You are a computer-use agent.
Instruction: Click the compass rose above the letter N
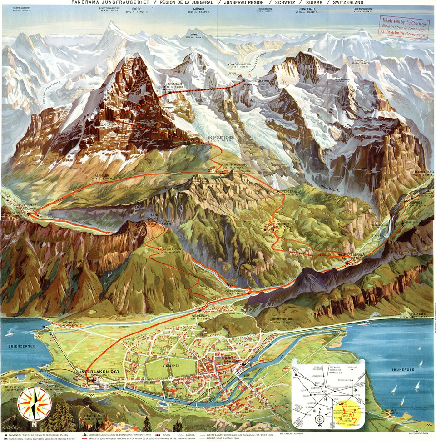click(x=35, y=403)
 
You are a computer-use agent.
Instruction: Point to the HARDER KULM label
click(x=94, y=415)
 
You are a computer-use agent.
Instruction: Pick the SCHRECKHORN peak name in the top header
click(x=21, y=8)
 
